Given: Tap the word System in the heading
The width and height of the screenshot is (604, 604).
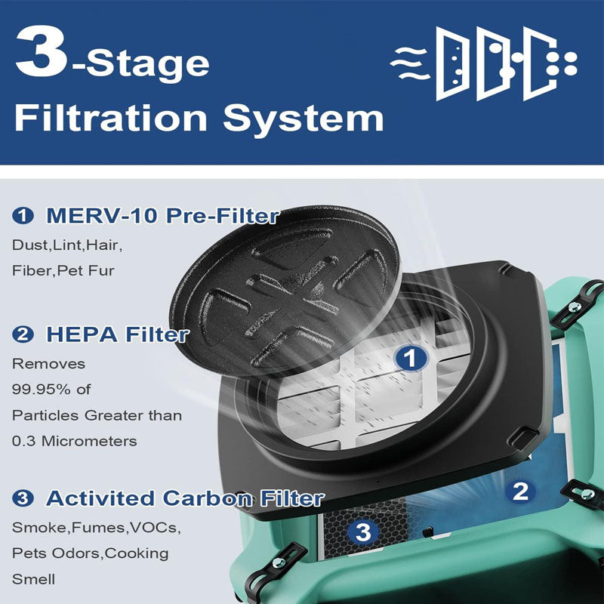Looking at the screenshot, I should click(x=310, y=119).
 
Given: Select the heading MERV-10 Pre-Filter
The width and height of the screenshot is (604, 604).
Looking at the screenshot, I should click(x=162, y=216).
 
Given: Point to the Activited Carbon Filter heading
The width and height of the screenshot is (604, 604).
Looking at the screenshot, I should click(x=185, y=498).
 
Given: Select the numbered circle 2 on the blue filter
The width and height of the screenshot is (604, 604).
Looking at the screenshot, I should click(x=519, y=492).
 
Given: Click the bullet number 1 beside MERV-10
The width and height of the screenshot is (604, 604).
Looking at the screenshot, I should click(x=24, y=217).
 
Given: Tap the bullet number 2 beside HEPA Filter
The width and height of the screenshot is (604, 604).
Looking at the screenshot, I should click(x=24, y=335).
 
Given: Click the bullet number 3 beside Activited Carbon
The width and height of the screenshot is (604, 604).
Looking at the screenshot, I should click(x=24, y=499).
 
